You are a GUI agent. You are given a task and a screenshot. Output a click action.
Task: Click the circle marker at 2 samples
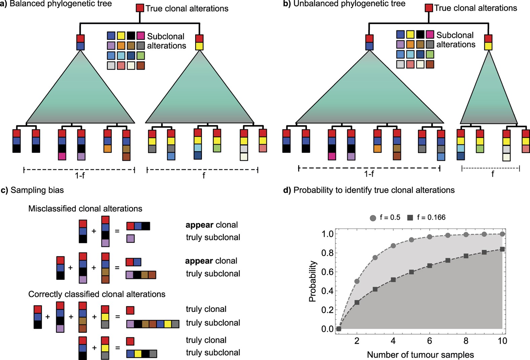tap(357, 281)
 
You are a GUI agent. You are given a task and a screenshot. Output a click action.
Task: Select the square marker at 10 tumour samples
tap(502, 249)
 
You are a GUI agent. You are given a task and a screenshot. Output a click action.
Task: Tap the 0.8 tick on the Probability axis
tap(327, 253)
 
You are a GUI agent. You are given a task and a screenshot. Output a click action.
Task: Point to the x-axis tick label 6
tap(429, 341)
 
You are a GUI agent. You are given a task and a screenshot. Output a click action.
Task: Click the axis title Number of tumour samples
tap(420, 355)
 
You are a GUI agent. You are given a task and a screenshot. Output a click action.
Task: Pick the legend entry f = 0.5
tap(385, 218)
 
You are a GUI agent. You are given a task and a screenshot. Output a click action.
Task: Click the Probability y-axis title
tap(312, 281)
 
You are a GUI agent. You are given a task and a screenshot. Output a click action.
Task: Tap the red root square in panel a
tap(140, 8)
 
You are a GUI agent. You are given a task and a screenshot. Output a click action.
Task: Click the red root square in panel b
tap(429, 8)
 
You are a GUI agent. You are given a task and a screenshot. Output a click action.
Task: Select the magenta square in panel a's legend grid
tap(141, 36)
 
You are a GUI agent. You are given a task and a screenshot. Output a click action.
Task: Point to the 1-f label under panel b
tap(369, 174)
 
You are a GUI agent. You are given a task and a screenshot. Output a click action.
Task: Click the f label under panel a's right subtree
tap(203, 175)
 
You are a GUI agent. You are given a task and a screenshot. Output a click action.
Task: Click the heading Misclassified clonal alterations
tap(85, 209)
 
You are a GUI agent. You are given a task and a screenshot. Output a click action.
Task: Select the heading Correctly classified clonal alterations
tap(97, 294)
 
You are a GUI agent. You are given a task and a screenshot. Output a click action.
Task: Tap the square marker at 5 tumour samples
tap(411, 272)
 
